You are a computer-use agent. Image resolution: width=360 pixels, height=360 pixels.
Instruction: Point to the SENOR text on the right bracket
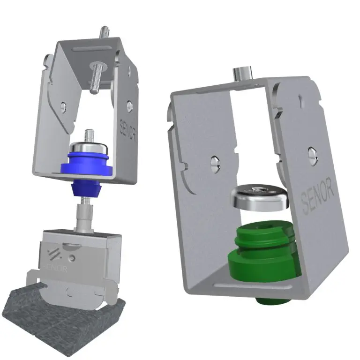click(x=317, y=196)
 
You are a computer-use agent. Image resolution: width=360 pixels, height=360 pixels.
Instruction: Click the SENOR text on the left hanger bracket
click(x=127, y=129)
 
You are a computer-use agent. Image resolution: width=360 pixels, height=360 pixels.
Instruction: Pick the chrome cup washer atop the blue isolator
click(x=89, y=148)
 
